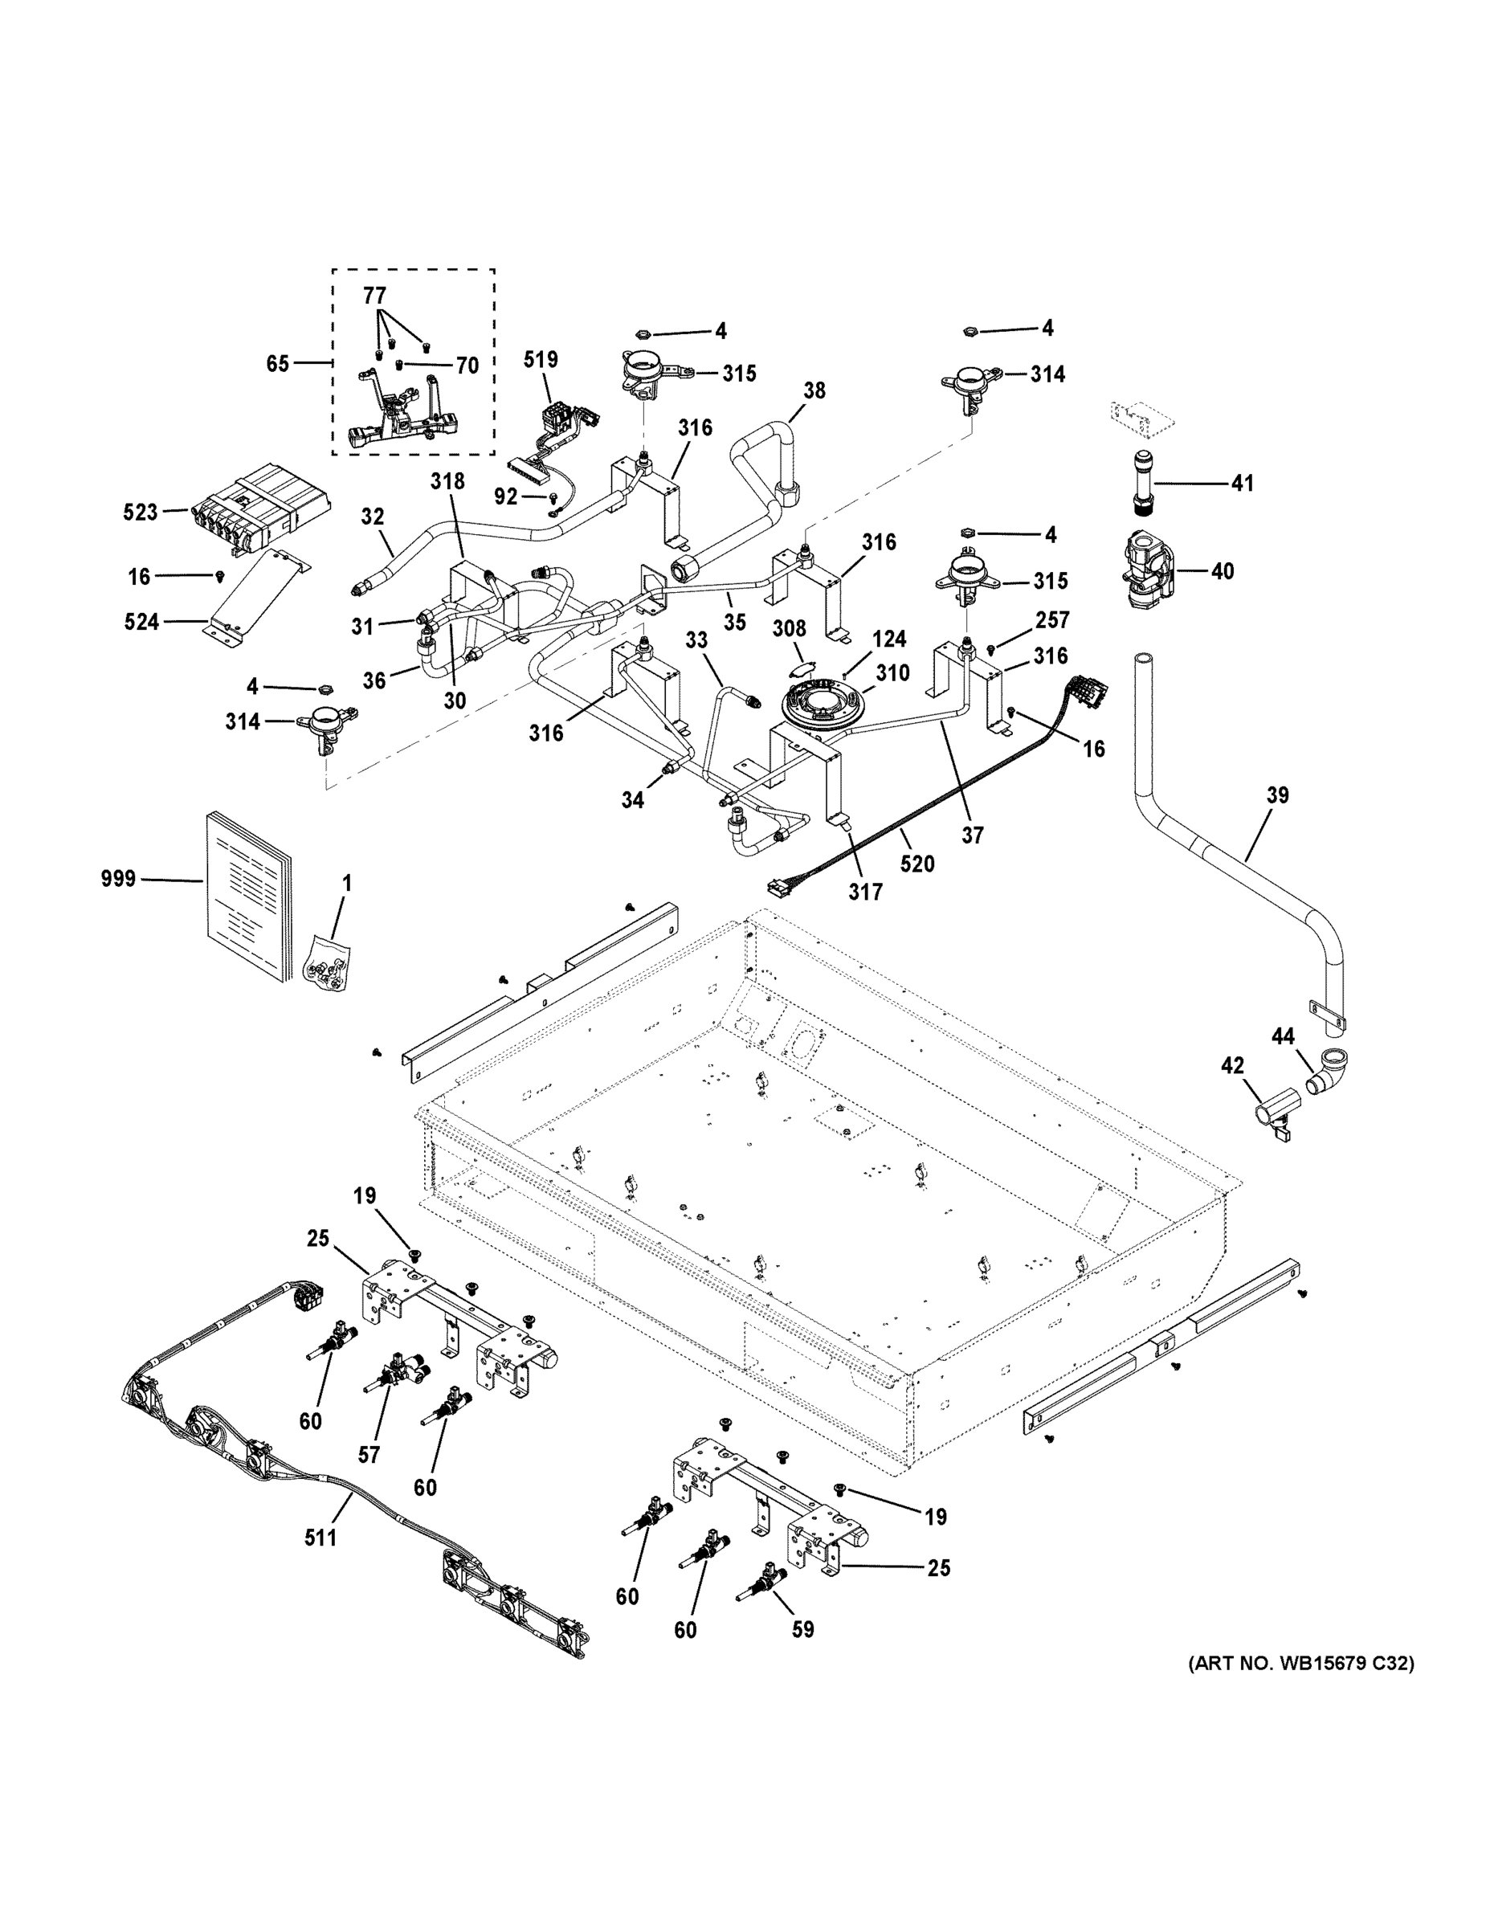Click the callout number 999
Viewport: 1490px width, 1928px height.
[x=118, y=878]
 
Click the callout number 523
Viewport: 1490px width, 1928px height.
[x=141, y=512]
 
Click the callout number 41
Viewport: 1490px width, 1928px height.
[x=1242, y=483]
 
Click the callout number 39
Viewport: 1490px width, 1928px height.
[x=1277, y=795]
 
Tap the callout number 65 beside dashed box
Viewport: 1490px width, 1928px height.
[x=277, y=363]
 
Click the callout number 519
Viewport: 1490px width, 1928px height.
[x=541, y=359]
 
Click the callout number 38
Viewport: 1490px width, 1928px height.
[x=814, y=390]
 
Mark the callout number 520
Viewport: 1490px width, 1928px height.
[x=917, y=864]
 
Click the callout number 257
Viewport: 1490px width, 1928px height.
[x=1052, y=621]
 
